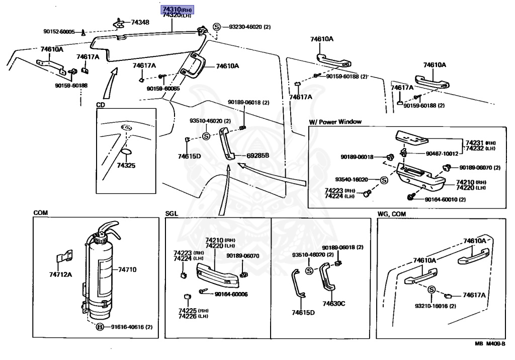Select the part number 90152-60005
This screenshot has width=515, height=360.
(59, 32)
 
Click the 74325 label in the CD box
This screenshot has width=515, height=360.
(126, 165)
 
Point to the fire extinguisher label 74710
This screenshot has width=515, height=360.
(127, 270)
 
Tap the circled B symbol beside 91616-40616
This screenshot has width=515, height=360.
(100, 327)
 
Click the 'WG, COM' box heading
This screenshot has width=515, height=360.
(392, 214)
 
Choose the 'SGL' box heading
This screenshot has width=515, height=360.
(171, 214)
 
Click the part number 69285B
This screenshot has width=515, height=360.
(258, 156)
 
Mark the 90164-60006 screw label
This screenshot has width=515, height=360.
(231, 294)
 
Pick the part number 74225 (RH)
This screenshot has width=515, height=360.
(188, 310)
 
